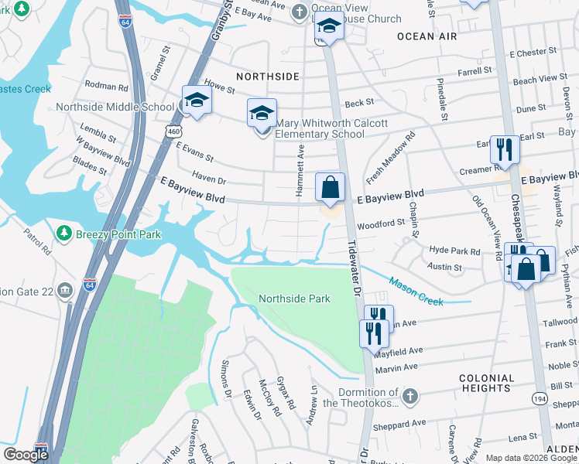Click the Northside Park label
[294, 299]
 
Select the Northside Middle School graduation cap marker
[196, 101]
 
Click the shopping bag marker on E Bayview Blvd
[330, 188]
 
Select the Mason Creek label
[416, 292]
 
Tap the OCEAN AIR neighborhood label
[427, 36]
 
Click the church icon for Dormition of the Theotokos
[410, 397]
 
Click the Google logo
[26, 455]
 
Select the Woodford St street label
[381, 224]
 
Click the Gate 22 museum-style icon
[65, 290]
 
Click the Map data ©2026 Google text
[530, 458]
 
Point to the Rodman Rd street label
[107, 87]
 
